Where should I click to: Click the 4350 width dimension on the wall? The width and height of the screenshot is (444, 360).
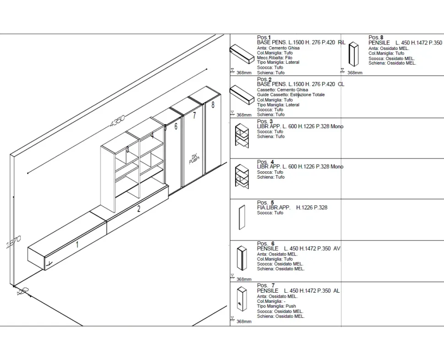(117, 120)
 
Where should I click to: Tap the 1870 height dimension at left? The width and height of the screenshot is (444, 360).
(13, 241)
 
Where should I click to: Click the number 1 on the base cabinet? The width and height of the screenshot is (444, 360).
(77, 245)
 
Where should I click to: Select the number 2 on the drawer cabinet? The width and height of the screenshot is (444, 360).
(139, 209)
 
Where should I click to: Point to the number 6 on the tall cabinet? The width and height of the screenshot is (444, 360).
(176, 126)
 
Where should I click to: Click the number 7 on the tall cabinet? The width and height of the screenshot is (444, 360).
(195, 115)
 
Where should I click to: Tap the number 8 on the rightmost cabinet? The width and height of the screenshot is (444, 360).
(213, 105)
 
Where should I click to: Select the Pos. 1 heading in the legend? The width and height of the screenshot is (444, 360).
(264, 38)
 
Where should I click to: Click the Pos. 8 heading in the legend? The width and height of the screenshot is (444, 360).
(376, 38)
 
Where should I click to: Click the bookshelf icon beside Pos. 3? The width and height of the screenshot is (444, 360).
(242, 135)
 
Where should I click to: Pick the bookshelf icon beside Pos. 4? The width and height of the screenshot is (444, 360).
(242, 175)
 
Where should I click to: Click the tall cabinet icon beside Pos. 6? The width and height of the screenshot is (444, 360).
(242, 258)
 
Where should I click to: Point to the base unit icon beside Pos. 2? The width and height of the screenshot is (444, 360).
(241, 95)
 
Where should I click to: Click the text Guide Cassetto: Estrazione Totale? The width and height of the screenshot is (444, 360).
(291, 95)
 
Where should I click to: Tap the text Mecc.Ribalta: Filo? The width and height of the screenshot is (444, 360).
(275, 58)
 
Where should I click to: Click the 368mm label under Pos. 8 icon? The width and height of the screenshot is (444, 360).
(355, 72)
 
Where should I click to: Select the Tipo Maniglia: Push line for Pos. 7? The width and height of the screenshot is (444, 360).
(276, 306)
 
